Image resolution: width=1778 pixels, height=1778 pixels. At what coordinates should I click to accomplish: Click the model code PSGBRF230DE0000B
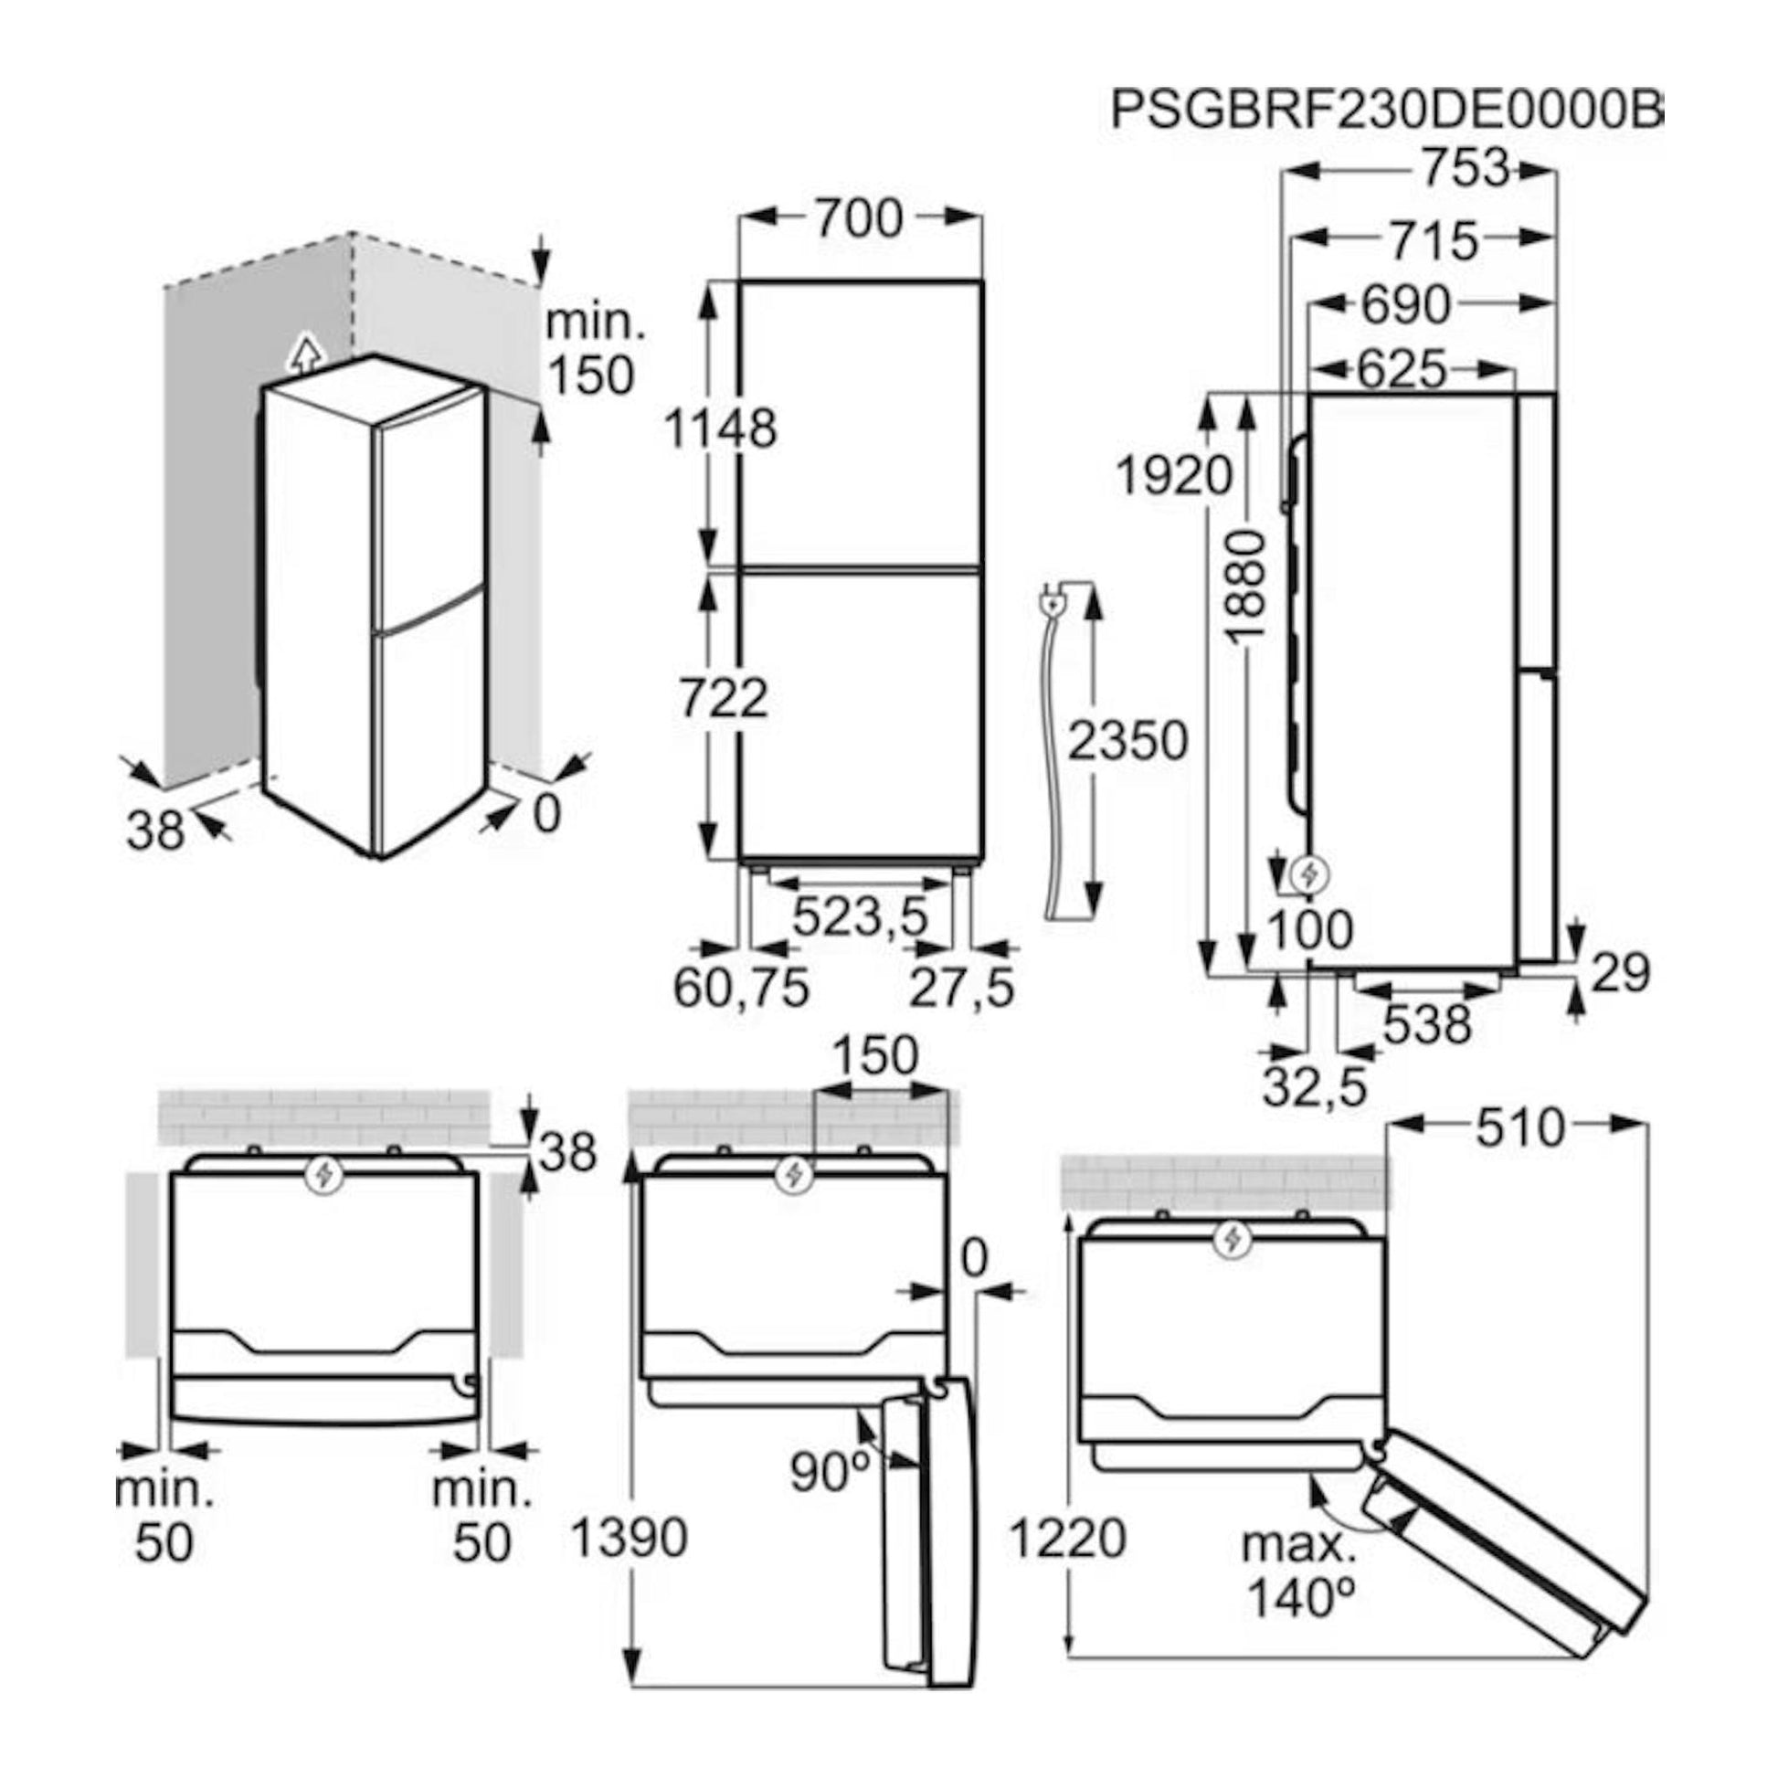pos(1386,111)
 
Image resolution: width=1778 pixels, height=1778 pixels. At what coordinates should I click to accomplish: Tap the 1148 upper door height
pos(721,428)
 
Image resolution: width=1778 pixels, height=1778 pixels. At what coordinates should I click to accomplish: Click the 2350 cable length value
pos(1128,741)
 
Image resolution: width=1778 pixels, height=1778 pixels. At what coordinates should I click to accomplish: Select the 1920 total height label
pos(1173,476)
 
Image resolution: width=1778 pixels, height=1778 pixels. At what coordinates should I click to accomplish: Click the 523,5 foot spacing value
pos(860,916)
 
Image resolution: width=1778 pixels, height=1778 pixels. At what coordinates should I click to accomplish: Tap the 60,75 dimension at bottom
pos(742,988)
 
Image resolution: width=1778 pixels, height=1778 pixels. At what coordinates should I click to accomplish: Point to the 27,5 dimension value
pos(963,988)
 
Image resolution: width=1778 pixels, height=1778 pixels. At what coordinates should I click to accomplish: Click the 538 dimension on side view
pos(1427,1023)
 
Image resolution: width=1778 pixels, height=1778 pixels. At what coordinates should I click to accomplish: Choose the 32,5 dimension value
pos(1315,1087)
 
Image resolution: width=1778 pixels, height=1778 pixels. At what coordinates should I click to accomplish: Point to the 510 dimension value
pos(1520,1128)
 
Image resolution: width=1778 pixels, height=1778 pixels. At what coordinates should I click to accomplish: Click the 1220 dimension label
pos(1067,1537)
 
